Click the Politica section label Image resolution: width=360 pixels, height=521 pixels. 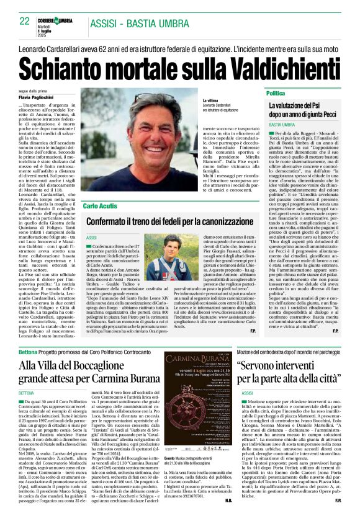click(276, 93)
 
